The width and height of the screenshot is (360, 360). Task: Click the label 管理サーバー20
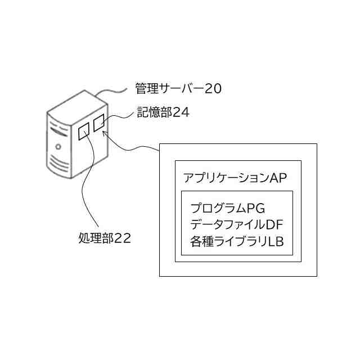coord(178,89)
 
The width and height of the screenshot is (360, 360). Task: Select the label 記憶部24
coord(163,112)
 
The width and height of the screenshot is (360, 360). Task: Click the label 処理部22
coord(105,238)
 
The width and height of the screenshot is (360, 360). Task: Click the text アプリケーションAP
coord(236,178)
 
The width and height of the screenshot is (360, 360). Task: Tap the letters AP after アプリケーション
coord(278,178)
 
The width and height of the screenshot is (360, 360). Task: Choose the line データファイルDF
coord(236,225)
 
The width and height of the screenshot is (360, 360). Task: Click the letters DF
coord(274,225)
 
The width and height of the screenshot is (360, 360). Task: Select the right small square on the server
coord(100,123)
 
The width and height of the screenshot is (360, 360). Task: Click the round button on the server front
coord(58,146)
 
